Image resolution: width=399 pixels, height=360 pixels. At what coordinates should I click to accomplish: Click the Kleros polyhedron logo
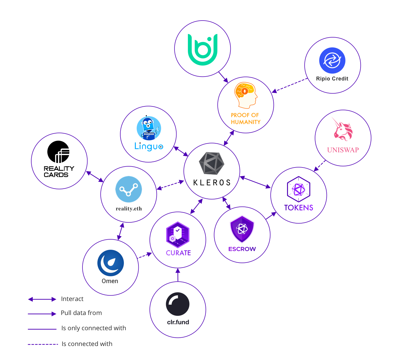(x=211, y=163)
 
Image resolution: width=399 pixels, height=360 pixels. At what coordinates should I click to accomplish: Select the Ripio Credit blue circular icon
(x=332, y=60)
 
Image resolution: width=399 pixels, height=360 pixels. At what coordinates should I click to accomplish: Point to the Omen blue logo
(x=110, y=263)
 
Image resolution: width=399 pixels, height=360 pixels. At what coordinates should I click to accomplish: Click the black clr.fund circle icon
(x=178, y=304)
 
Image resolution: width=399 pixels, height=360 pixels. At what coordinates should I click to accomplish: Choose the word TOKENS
(x=299, y=208)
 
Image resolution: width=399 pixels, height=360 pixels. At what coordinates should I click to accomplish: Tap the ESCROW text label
(x=242, y=249)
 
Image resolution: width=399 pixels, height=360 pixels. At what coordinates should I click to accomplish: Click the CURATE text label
(x=178, y=253)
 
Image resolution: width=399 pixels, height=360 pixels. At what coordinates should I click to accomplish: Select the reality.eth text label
(x=129, y=209)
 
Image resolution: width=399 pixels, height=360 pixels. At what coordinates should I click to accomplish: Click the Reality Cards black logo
(x=58, y=152)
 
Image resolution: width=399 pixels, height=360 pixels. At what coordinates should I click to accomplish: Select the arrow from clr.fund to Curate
(x=178, y=275)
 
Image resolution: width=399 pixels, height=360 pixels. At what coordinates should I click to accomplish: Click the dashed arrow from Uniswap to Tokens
(x=320, y=166)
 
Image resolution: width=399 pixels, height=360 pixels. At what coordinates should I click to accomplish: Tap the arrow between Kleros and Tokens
(x=255, y=182)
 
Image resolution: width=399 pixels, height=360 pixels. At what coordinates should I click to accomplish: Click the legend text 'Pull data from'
(x=81, y=313)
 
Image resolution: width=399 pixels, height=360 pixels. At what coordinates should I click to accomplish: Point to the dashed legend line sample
(x=43, y=344)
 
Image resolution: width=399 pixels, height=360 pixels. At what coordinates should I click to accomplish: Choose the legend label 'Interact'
(x=72, y=299)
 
